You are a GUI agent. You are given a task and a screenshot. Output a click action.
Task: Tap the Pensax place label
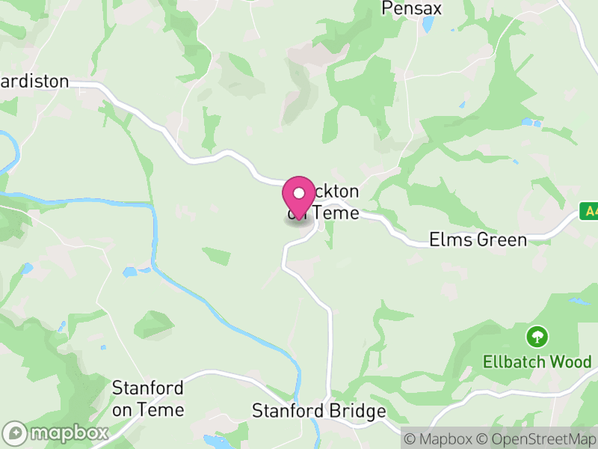412,8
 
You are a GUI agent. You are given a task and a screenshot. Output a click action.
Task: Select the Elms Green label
478,239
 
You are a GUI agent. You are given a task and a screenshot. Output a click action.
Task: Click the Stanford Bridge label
318,411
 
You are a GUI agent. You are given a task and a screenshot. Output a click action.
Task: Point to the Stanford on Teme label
147,399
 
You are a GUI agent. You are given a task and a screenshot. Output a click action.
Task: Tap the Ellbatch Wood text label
537,361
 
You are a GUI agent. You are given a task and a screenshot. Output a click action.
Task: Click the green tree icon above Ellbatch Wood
537,336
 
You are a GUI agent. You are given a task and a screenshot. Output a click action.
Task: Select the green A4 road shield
590,212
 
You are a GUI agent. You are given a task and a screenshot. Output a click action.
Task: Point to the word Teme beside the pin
336,213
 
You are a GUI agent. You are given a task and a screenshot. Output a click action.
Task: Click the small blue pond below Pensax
428,25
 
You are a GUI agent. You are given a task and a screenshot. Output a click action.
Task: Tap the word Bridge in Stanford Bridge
360,411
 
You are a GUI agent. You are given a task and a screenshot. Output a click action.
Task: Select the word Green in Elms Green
500,239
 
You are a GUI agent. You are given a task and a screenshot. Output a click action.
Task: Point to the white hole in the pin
299,193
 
